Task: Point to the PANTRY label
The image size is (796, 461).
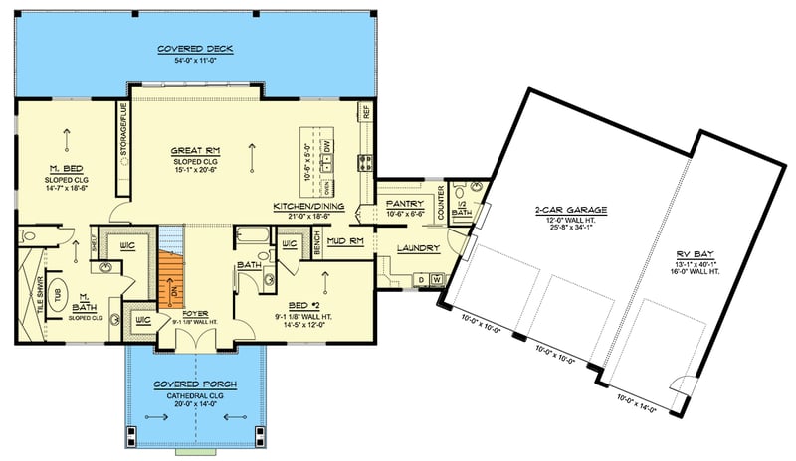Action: coord(405,203)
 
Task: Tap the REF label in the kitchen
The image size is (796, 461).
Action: coord(365,113)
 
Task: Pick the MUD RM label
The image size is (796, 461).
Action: coord(341,240)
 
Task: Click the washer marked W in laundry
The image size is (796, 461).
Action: coord(434,281)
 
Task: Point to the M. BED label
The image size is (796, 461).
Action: coord(66,168)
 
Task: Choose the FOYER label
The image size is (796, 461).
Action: coord(194,312)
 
